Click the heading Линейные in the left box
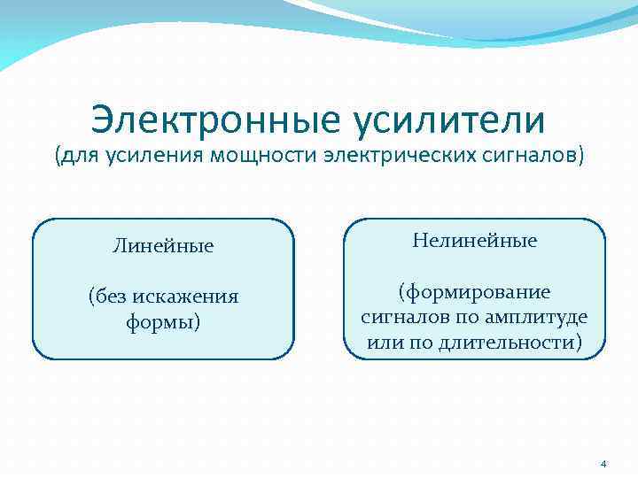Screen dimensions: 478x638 click(x=163, y=246)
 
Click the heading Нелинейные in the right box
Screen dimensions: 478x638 click(x=474, y=241)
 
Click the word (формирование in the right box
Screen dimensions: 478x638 click(x=474, y=292)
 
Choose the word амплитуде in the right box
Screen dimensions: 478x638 click(x=542, y=317)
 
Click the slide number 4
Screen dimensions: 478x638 click(x=603, y=464)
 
